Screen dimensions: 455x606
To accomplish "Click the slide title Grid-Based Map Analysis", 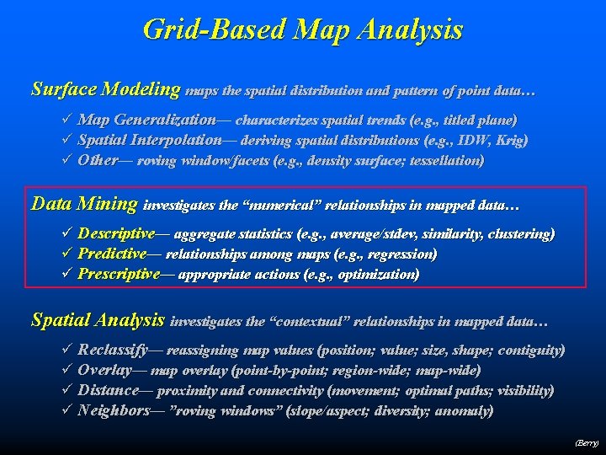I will click(x=303, y=30).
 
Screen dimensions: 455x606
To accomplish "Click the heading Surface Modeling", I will click(x=105, y=88).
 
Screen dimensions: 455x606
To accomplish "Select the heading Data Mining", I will click(x=83, y=203).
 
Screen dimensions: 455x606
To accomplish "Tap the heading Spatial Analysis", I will click(x=98, y=320).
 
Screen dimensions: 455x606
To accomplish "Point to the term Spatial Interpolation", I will click(x=150, y=140).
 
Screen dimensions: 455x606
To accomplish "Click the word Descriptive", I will click(x=116, y=233).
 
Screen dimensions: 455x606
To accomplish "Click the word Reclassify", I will click(x=113, y=350).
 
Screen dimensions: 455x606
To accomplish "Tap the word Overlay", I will click(x=104, y=370).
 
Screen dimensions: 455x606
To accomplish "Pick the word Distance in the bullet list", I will click(x=108, y=390).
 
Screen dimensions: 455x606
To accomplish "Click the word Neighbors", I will click(x=113, y=410).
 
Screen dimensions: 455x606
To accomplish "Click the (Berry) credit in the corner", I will click(x=586, y=442).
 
